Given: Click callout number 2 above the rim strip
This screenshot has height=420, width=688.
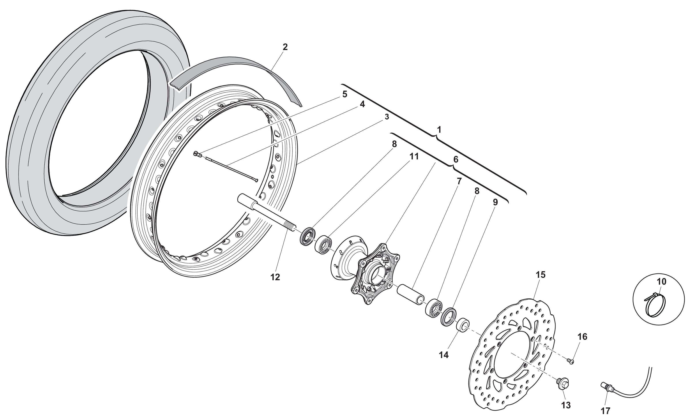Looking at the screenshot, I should (285, 47).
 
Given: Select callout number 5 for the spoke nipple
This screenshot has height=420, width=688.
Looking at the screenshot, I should (345, 94).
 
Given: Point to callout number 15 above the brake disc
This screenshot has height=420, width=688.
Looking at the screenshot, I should (541, 275).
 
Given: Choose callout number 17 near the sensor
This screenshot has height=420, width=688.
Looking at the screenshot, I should (606, 411).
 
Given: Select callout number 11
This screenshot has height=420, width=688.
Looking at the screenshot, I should (414, 157).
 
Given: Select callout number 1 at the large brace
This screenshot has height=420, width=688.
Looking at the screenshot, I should (439, 130).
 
